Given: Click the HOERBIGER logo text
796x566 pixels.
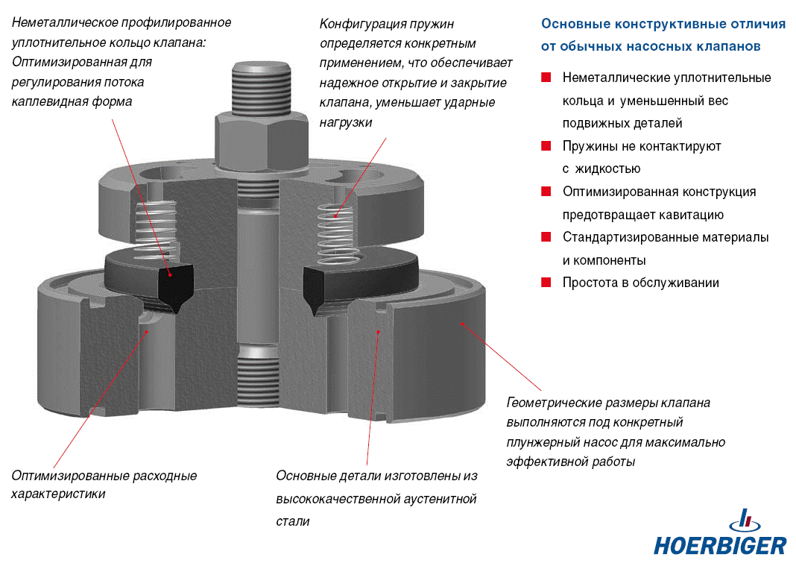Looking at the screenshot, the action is click(720, 545).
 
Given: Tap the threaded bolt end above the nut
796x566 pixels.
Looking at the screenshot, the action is click(262, 87).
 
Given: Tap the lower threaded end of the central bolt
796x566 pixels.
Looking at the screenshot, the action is click(258, 376).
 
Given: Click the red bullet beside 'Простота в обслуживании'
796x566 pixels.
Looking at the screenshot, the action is click(546, 283).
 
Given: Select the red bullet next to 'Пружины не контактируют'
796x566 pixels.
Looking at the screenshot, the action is click(546, 146).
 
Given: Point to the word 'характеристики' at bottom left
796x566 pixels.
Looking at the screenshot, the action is click(58, 494).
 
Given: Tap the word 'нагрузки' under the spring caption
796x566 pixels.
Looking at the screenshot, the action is click(346, 122).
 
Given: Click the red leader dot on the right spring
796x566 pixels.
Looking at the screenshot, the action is click(335, 216).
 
